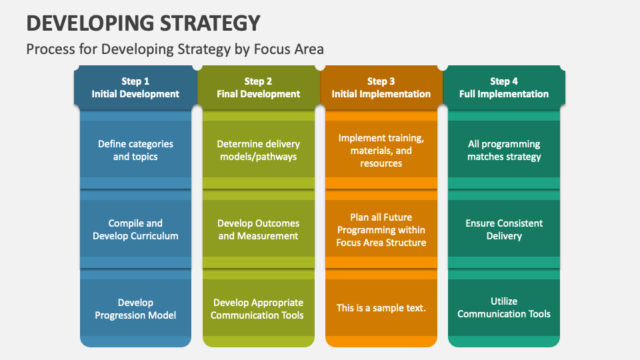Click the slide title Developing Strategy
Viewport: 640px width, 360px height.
coord(143,23)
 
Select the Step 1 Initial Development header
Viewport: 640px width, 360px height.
coord(135,87)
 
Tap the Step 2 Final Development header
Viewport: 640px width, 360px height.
coord(258,87)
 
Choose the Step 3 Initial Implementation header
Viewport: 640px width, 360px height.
coord(381,87)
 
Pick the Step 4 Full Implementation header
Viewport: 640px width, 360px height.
coord(504,87)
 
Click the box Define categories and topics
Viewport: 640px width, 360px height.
coord(135,150)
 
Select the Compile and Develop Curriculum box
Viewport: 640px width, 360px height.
coord(135,229)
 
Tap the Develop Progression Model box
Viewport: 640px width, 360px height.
coord(135,309)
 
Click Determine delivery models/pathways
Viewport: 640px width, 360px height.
coord(258,150)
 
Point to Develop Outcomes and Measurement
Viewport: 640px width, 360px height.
coord(258,229)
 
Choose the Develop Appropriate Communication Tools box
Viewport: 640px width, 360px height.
coord(258,309)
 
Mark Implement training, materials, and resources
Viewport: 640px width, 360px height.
coord(381,150)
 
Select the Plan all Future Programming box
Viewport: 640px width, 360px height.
coord(381,229)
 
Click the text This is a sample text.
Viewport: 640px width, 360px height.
coord(381,308)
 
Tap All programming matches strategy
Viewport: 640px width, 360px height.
coord(504,150)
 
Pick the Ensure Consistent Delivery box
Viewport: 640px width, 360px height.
coord(504,229)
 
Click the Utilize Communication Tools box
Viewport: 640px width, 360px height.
coord(504,307)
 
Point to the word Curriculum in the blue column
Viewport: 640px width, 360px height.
coord(155,236)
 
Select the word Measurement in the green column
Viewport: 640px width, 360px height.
coord(268,236)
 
